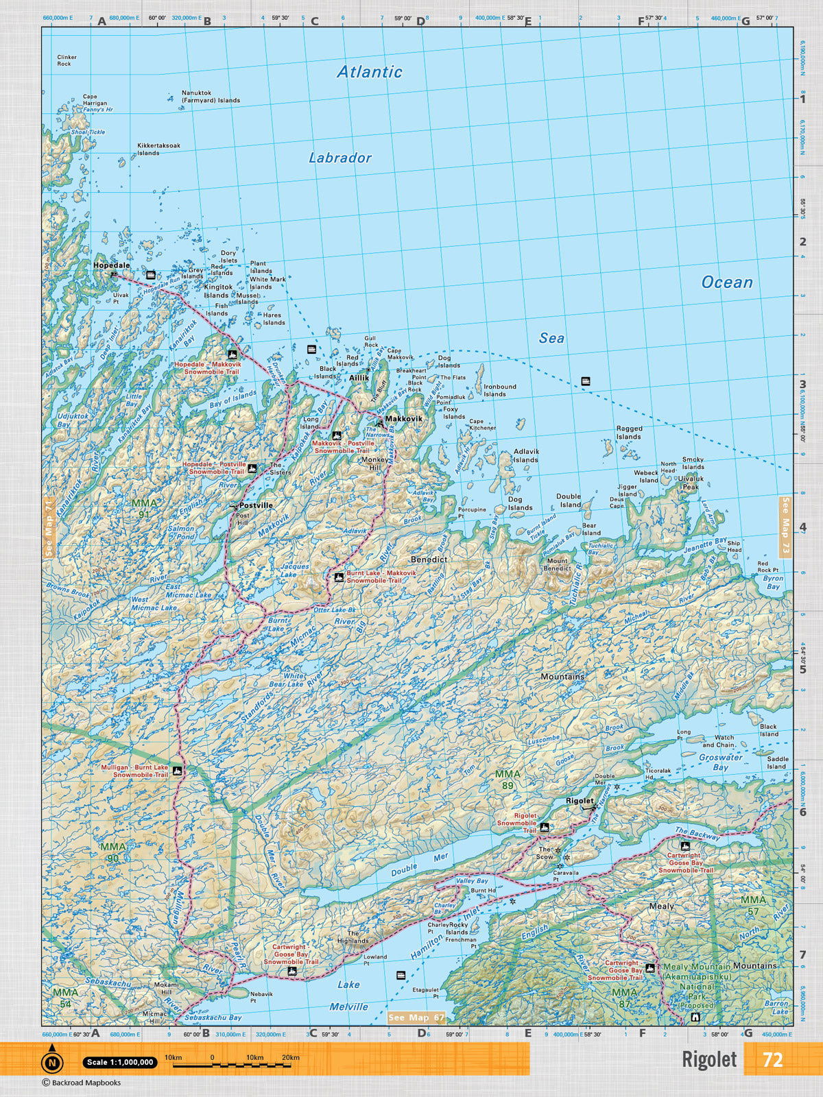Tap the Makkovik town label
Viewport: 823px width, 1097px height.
pos(403,418)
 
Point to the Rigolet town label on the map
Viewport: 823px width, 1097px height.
pos(580,801)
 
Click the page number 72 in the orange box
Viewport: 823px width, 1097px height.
pos(772,1059)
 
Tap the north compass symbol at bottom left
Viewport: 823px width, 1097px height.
pos(51,1061)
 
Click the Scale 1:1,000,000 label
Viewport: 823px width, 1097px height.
pos(120,1062)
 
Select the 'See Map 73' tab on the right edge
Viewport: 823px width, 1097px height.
pos(786,526)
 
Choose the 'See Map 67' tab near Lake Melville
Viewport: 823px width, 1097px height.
pos(416,1017)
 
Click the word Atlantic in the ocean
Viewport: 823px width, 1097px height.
pos(369,72)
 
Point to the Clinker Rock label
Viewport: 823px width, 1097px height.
pos(67,60)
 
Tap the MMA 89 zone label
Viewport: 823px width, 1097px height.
pos(508,780)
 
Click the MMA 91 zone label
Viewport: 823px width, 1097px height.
pos(143,509)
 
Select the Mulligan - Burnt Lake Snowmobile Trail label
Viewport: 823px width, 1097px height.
pos(134,771)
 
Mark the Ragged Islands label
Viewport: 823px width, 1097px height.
pos(628,433)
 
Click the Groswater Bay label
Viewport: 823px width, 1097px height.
pos(720,762)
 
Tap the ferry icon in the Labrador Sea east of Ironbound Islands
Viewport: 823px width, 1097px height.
pos(585,381)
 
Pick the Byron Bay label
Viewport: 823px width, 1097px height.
pos(773,582)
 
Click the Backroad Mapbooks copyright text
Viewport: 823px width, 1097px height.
pos(81,1083)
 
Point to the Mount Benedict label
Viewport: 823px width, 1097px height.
pos(557,564)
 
